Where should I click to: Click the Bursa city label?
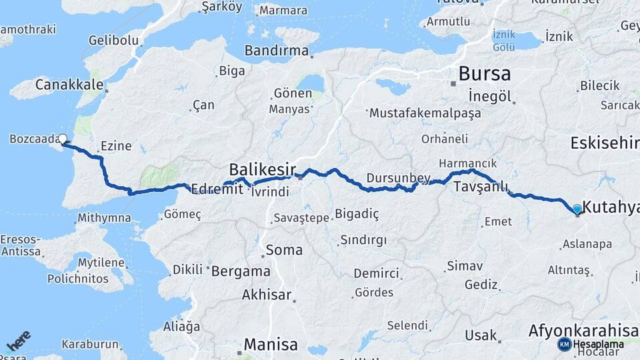coord(485,73)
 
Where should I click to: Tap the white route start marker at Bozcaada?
coord(63,139)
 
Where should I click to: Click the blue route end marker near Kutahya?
coord(577,209)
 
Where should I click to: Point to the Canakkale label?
coord(69,85)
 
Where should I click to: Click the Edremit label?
coord(212,189)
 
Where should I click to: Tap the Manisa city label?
coord(271,345)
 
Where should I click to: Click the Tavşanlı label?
coord(481,187)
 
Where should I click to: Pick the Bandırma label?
coord(277,51)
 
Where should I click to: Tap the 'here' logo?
coord(18,341)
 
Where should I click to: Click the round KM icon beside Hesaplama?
coord(564,344)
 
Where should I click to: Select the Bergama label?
coord(241,271)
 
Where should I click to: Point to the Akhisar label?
coord(267,294)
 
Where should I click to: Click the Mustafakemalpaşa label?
coord(425,113)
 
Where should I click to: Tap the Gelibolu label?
coord(113,41)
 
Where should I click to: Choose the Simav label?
coord(465,266)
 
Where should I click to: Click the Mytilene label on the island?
coord(101,262)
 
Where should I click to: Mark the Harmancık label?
coord(467,163)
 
